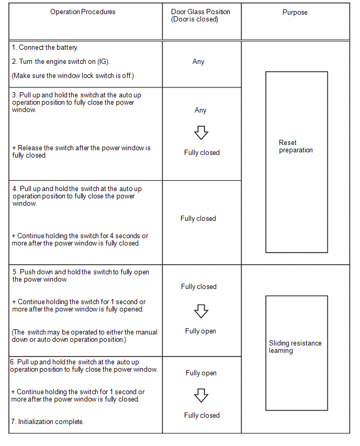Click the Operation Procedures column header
pos(83,12)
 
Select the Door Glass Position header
pos(200,16)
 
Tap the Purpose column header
pos(295,12)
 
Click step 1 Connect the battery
pos(45,48)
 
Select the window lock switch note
pos(73,76)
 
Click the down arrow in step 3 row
pos(201,132)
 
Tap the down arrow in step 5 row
pos(201,311)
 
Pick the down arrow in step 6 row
pos(201,395)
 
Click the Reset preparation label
pos(296,146)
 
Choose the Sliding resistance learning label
pos(295,347)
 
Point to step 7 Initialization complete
pos(47,421)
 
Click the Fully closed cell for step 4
pos(198,218)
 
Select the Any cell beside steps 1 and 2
pos(198,61)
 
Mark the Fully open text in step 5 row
pos(200,331)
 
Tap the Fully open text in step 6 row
pos(201,373)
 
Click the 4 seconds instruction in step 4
pos(80,239)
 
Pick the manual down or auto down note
pos(84,336)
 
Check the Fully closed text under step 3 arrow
pos(202,152)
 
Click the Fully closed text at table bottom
pos(202,415)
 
